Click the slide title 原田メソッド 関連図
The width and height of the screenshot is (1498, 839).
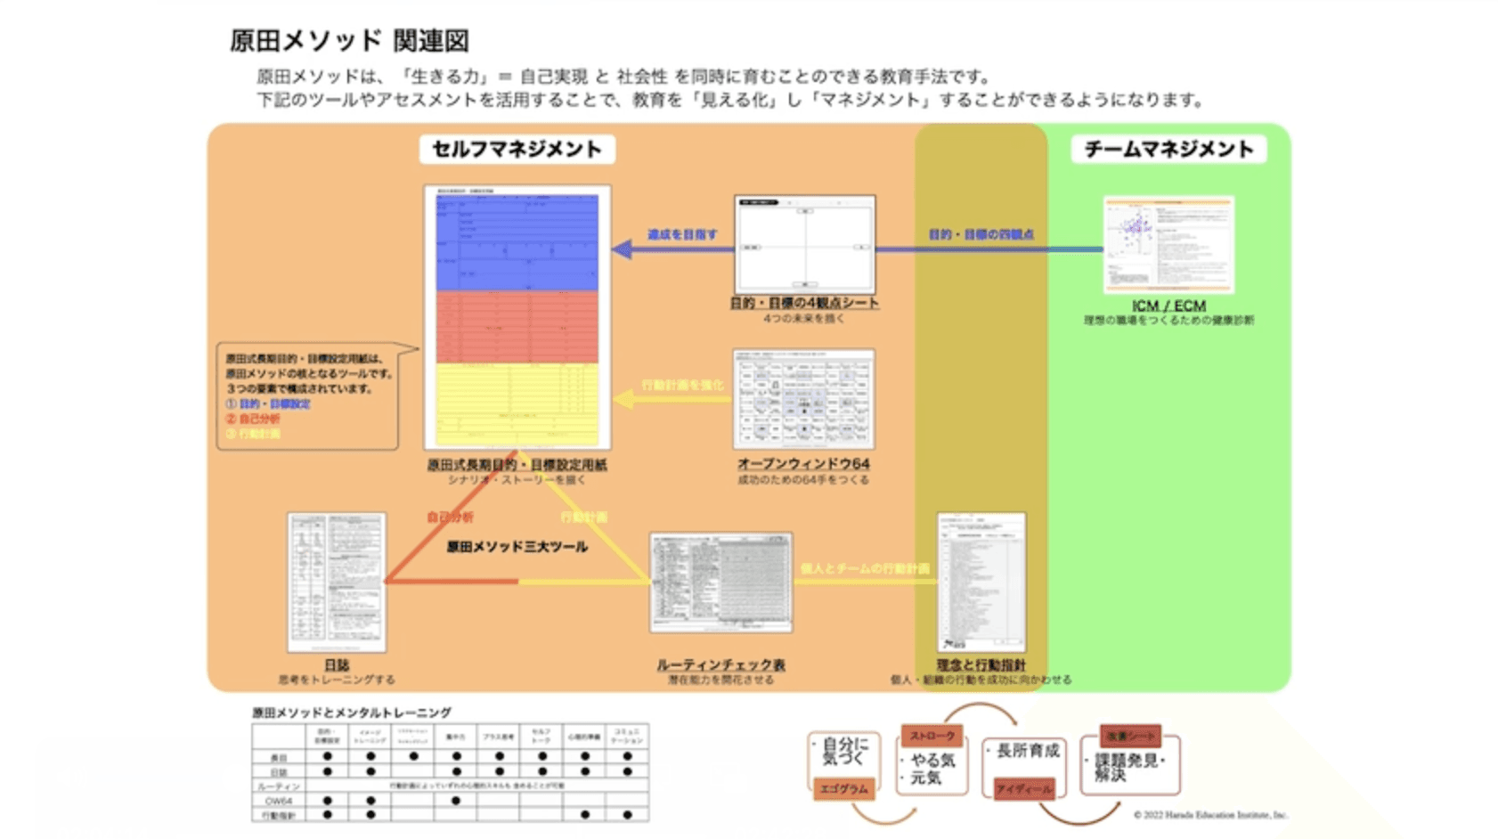point(349,40)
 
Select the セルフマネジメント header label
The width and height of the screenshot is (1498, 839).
point(517,149)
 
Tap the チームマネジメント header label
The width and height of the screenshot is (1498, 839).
point(1168,149)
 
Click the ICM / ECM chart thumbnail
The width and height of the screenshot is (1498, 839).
point(1168,244)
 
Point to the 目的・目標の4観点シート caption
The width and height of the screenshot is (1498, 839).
point(804,304)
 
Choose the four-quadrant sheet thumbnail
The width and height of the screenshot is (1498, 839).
point(804,244)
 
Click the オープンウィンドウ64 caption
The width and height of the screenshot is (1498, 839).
point(803,464)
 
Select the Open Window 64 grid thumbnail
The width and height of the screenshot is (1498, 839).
point(803,398)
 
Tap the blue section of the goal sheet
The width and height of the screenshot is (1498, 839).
point(517,242)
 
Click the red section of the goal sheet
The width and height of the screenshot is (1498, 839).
point(517,326)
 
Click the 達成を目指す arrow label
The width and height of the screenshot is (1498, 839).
point(682,234)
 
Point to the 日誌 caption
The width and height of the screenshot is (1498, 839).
point(337,665)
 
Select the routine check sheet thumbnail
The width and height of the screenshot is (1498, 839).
point(721,582)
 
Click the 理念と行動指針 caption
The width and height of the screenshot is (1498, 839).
point(981,665)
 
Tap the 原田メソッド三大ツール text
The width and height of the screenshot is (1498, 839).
point(517,547)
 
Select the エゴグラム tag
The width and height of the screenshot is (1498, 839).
point(843,788)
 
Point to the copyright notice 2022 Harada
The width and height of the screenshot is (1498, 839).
point(1210,814)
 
